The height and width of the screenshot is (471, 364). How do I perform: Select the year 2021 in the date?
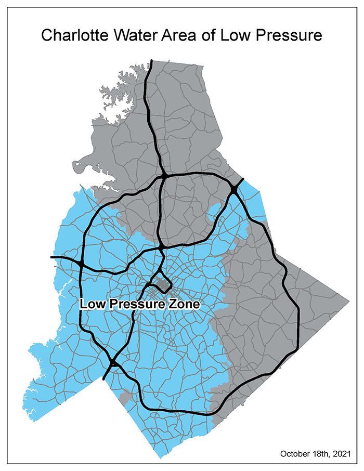point(346,453)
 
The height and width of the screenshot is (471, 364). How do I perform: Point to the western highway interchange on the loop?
point(82,264)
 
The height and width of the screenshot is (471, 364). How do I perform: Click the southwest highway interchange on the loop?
point(113,363)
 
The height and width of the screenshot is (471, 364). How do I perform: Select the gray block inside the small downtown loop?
point(165,283)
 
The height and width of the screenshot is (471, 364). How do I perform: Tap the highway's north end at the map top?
point(151,61)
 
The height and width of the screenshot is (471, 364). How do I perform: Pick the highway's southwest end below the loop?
point(104,378)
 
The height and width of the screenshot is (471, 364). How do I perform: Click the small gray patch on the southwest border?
point(124,397)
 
